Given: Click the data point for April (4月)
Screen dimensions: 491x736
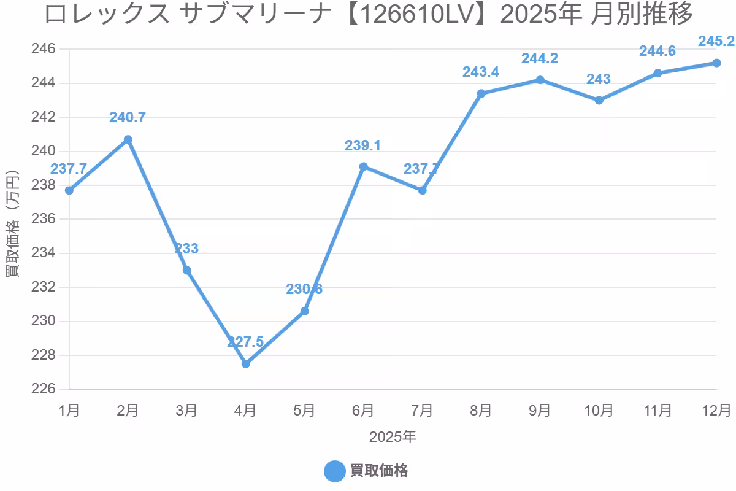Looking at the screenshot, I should click(x=246, y=363).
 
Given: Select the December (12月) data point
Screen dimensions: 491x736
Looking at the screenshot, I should click(x=716, y=63).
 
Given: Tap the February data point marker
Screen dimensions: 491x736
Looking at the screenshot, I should click(x=128, y=139).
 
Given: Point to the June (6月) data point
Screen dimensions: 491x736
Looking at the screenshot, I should click(x=364, y=166).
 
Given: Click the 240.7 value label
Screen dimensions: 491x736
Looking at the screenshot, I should click(x=128, y=117).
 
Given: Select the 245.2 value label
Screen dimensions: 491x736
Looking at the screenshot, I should click(x=716, y=42).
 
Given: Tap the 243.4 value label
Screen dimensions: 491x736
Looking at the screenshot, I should click(x=481, y=72).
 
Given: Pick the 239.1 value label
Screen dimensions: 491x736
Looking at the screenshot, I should click(x=363, y=145).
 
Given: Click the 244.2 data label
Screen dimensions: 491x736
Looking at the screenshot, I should click(x=540, y=58).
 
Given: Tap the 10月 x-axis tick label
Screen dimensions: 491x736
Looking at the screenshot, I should click(x=599, y=409).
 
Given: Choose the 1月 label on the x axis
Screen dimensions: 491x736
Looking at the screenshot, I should click(x=69, y=409).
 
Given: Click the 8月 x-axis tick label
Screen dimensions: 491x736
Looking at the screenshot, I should click(x=481, y=409).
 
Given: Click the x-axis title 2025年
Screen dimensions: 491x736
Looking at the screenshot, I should click(x=393, y=437).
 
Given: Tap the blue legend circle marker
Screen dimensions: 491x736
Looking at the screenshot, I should click(x=335, y=471).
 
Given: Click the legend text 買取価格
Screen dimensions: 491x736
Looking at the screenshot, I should click(x=379, y=471).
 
